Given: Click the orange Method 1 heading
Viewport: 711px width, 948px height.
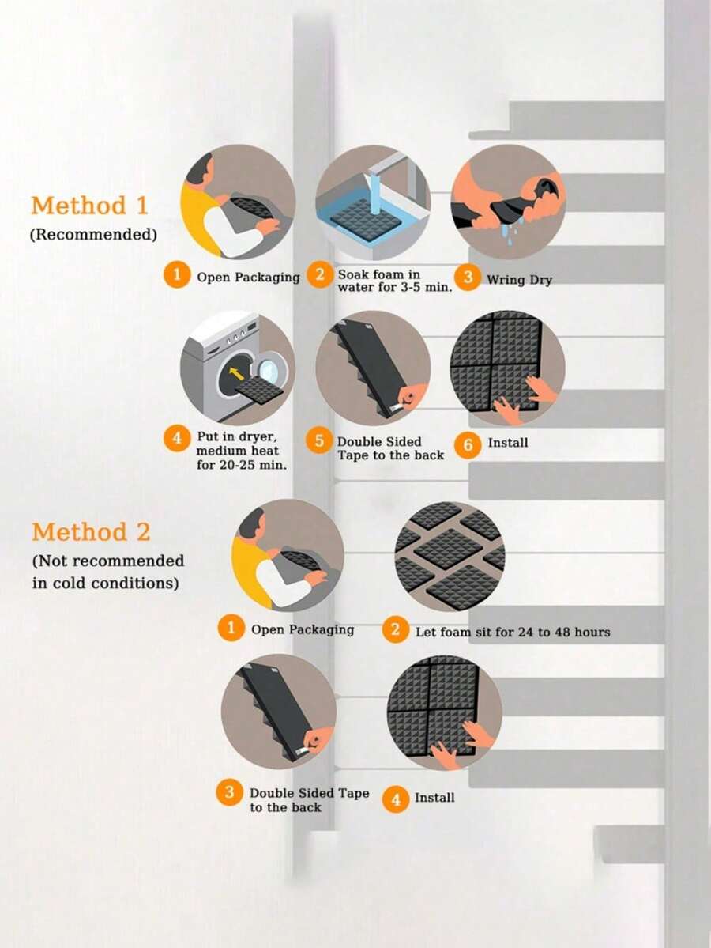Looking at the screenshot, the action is (x=89, y=206).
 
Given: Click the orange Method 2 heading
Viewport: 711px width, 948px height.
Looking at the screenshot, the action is (x=91, y=532).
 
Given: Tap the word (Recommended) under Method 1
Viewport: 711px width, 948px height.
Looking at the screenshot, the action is (x=94, y=235).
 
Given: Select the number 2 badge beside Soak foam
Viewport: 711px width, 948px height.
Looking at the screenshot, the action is (x=320, y=275).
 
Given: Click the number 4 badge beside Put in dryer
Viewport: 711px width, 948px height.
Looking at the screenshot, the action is (x=176, y=438).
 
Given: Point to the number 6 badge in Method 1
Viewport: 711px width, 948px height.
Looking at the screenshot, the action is (x=468, y=445).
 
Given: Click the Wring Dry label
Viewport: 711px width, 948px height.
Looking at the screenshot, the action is (x=520, y=280).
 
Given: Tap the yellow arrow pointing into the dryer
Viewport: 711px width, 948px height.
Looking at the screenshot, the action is (x=237, y=374).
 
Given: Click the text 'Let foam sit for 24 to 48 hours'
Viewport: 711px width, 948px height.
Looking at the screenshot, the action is (x=513, y=633).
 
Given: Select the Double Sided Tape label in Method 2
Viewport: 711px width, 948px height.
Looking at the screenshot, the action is (x=310, y=800).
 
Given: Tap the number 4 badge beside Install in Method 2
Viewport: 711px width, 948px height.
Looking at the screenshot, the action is (x=396, y=799).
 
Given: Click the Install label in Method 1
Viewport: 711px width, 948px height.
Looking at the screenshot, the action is (x=508, y=443).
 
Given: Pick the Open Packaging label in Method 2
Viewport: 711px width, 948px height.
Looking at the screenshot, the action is (x=303, y=630).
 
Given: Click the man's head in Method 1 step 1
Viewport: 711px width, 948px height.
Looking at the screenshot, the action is (x=201, y=168).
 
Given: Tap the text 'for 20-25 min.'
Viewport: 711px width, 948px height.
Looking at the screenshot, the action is (x=242, y=465).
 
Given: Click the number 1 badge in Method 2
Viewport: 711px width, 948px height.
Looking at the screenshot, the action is (x=231, y=628).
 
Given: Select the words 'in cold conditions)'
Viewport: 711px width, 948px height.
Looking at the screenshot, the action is (x=106, y=584).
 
